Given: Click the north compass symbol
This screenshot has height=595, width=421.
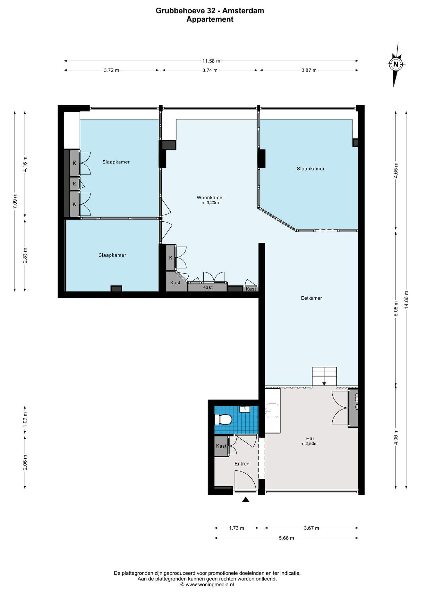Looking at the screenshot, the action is [x=395, y=64].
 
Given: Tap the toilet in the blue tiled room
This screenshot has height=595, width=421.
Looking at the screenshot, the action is [x=223, y=420].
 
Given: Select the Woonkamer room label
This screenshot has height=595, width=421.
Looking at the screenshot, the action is [x=211, y=198].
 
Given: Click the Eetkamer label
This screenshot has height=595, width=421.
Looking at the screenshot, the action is [x=311, y=298].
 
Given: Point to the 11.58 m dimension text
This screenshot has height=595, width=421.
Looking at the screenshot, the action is [x=211, y=61].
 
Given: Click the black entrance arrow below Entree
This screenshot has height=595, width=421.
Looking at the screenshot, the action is [x=246, y=500].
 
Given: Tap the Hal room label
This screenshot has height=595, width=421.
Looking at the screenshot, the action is [x=310, y=438].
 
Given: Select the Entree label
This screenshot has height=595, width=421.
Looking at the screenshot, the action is [x=242, y=464].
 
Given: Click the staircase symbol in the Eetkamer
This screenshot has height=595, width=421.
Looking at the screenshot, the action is [x=324, y=377].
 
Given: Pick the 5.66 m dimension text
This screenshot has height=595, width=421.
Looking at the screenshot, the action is [x=286, y=538].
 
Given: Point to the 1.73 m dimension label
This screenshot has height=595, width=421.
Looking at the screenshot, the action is [x=236, y=528].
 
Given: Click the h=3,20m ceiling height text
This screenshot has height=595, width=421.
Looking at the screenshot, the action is [x=210, y=203].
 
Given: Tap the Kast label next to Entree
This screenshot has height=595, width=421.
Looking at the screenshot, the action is [x=221, y=446].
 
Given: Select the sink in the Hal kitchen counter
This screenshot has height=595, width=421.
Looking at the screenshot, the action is [x=272, y=411].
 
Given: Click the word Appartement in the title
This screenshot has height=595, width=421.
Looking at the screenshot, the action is [x=210, y=19].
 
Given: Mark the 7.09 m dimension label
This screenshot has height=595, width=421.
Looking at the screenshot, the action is [x=15, y=200].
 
